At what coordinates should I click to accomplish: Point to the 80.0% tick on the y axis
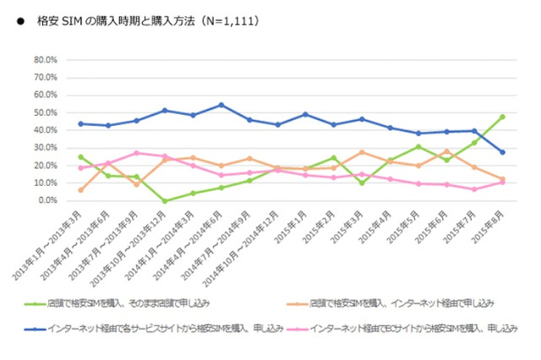(45, 60)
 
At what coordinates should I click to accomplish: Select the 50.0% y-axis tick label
(45, 112)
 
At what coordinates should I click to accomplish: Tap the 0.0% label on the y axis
(46, 201)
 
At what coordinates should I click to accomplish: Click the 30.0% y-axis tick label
(45, 148)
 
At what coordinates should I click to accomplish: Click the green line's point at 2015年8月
(503, 117)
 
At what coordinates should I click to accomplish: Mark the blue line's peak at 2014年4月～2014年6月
(221, 105)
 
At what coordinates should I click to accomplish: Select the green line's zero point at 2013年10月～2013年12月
(164, 201)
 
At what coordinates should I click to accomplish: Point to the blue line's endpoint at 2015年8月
(503, 152)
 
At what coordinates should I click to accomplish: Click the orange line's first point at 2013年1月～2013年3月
(80, 190)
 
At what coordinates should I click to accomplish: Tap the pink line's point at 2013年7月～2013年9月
(136, 153)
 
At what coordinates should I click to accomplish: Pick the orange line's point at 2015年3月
(362, 152)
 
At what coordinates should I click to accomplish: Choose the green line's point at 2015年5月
(418, 146)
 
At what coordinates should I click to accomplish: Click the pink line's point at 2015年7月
(475, 189)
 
